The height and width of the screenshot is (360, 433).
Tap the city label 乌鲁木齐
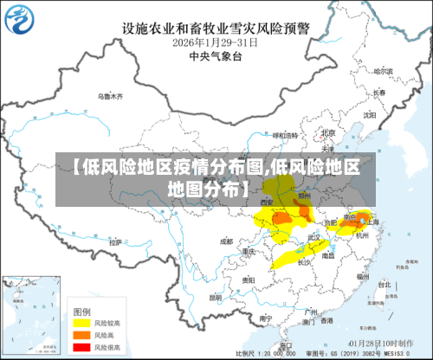coord(110,96)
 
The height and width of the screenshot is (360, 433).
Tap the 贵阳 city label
coord(248,280)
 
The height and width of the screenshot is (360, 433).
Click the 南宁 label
coord(264,318)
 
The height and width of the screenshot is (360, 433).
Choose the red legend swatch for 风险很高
coord(80,346)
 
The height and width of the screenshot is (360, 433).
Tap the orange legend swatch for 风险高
coord(80,334)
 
